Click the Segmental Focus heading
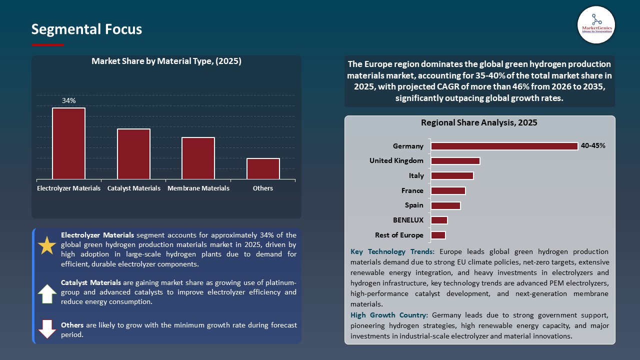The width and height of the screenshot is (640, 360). coord(86,29)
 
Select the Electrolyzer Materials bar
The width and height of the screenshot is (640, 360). coord(68,143)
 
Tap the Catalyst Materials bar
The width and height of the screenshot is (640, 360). coord(133,154)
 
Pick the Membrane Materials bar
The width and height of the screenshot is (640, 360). coord(198,158)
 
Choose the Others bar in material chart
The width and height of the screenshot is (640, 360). coord(263,168)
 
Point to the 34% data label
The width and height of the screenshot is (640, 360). coord(69,100)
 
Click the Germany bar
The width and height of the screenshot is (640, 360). coord(504,146)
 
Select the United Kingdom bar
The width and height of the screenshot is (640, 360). coord(455,161)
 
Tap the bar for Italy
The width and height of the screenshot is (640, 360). coord(452,175)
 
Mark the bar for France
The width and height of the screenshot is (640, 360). coord(448,190)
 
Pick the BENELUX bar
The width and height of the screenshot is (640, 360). coord(439,220)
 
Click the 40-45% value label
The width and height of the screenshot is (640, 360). coord(593,146)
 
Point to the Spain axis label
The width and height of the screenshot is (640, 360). coord(414,205)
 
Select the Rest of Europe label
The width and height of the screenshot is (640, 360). coord(399,235)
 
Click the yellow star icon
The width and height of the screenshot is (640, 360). coord(47,246)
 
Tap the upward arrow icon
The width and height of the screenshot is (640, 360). coord(47,293)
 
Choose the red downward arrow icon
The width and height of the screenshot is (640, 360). coord(47,329)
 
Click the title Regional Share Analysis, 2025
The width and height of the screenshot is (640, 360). coord(479,122)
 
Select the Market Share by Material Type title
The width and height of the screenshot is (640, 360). coord(166,61)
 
